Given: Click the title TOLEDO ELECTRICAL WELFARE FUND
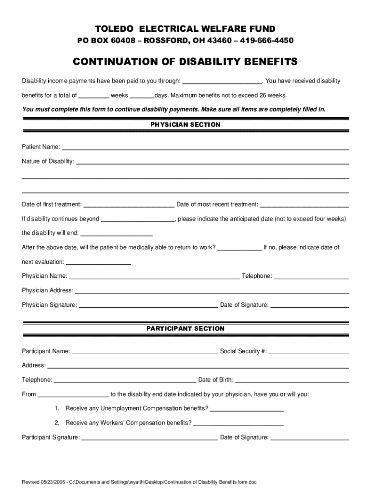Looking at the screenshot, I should click(x=185, y=29).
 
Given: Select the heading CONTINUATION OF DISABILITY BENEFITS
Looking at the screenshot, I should click(x=185, y=62).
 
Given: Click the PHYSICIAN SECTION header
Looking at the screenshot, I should click(x=185, y=124).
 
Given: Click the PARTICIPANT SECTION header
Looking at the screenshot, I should click(x=185, y=329).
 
